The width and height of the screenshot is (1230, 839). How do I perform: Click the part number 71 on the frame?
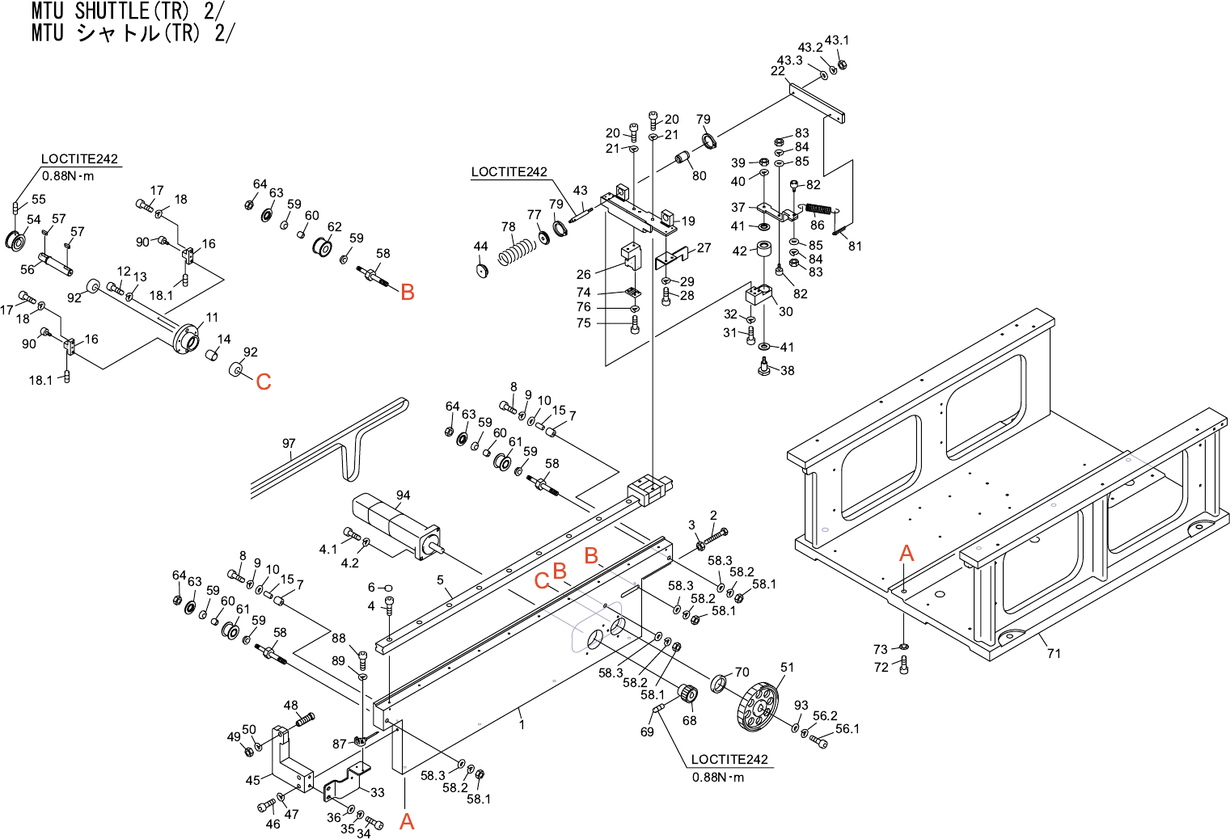[x=1053, y=653]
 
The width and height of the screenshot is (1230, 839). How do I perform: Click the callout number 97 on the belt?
[x=289, y=443]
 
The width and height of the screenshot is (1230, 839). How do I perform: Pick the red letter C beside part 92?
[x=264, y=382]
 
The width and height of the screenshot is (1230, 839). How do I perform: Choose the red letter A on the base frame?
[x=907, y=554]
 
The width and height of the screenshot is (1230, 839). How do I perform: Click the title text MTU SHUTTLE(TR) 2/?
[x=129, y=11]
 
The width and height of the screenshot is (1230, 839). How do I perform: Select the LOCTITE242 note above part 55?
[x=79, y=159]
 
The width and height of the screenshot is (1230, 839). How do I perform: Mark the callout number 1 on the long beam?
[x=522, y=724]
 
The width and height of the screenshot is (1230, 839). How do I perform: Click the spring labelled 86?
[x=818, y=209]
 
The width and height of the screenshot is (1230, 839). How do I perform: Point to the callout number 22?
[x=777, y=71]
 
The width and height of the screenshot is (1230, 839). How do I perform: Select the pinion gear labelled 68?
[x=687, y=694]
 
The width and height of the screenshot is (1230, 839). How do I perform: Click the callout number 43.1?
[x=837, y=40]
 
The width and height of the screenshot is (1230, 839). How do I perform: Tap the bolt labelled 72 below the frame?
[x=903, y=666]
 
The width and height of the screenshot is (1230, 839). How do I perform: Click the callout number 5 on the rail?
[x=440, y=580]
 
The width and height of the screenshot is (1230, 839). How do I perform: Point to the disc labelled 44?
[x=483, y=269]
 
